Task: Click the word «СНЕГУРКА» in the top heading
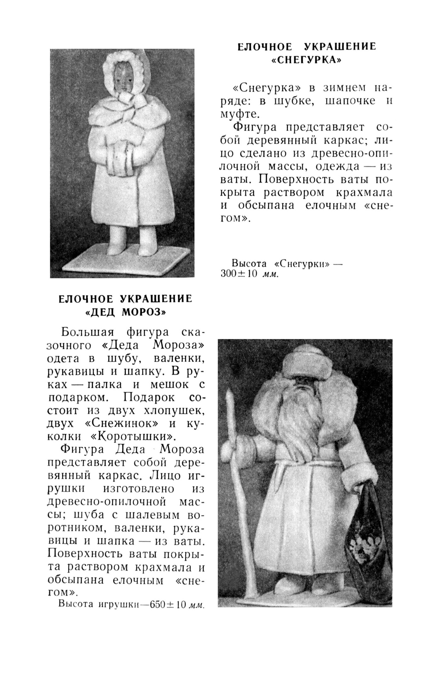tap(306, 60)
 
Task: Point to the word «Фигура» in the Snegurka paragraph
tap(254, 127)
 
